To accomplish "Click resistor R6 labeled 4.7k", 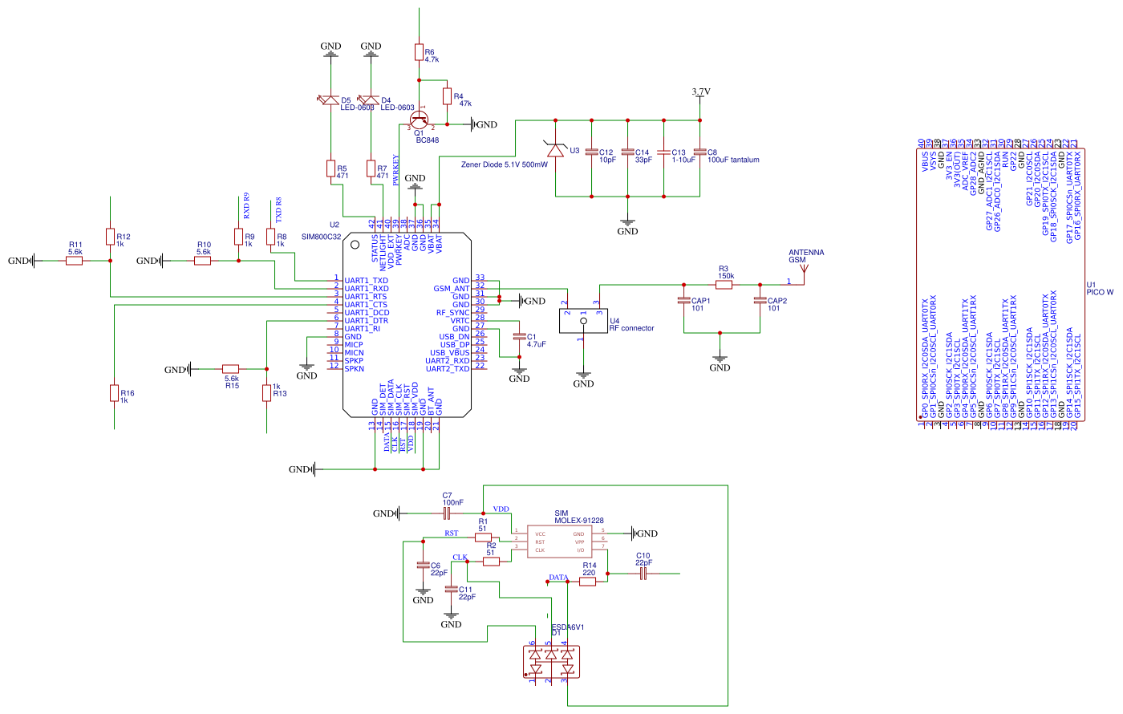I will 418,52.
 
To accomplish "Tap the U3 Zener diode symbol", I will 555,150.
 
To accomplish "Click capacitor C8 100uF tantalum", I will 700,152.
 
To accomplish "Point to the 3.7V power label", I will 700,92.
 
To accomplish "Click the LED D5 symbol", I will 330,101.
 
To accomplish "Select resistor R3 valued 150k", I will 724,284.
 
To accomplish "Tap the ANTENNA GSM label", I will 805,256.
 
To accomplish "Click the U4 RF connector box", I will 583,321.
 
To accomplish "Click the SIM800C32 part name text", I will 321,237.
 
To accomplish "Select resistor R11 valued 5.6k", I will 74,261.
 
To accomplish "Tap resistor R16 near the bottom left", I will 114,392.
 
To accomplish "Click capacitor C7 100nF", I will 447,513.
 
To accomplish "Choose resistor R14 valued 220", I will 587,582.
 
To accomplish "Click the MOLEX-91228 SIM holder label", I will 578,521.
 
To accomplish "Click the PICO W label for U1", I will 1099,293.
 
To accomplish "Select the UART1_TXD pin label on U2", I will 366,281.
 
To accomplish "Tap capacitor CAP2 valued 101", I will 760,302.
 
